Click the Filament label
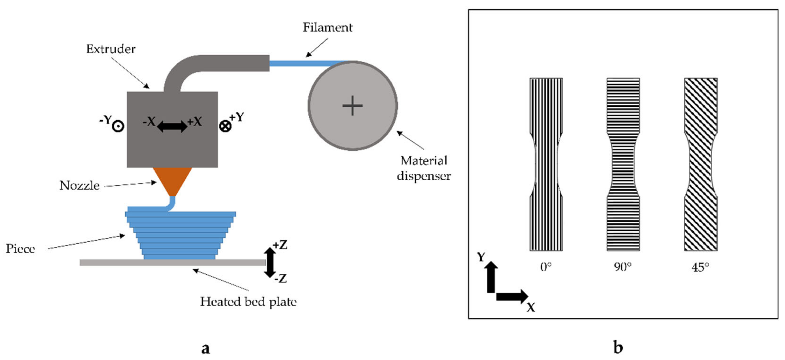click(327, 27)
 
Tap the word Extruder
click(111, 49)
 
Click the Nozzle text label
click(79, 186)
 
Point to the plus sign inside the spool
click(352, 106)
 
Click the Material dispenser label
click(424, 168)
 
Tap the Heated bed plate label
click(248, 302)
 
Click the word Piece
click(20, 249)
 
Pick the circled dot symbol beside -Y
click(118, 127)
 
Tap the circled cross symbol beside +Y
click(225, 126)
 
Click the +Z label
click(280, 245)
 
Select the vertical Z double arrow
click(270, 262)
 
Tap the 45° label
click(700, 268)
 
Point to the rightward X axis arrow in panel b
click(512, 296)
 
